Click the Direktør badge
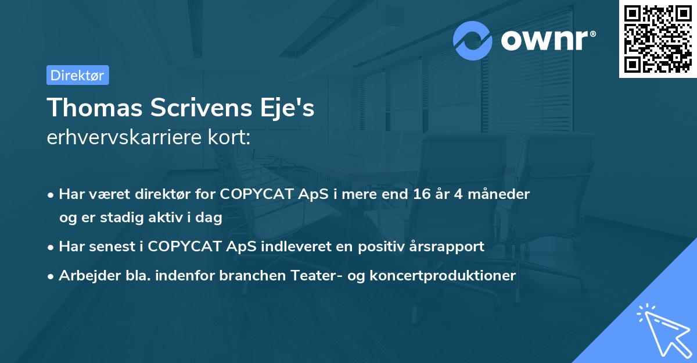[x=77, y=75]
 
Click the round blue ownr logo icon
[x=473, y=40]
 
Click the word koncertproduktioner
[x=441, y=276]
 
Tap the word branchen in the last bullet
[x=246, y=276]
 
